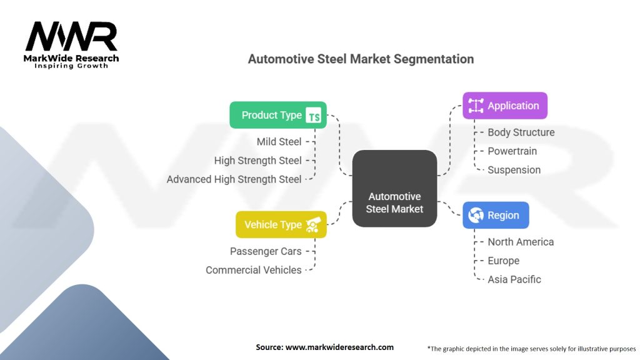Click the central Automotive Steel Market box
click(394, 188)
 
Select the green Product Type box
click(278, 115)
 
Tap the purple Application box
click(504, 106)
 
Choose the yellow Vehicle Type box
click(281, 224)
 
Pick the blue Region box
click(496, 215)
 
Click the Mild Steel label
click(279, 142)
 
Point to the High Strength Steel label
click(257, 161)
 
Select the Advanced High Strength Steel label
click(234, 179)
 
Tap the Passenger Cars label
click(266, 251)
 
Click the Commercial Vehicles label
click(253, 270)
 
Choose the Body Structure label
click(521, 132)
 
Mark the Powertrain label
click(512, 151)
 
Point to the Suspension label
click(514, 170)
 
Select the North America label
click(521, 242)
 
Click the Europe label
click(503, 261)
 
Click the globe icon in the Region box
click(476, 215)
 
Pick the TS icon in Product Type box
click(313, 115)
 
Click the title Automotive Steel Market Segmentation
click(361, 59)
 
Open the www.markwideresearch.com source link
click(339, 347)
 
